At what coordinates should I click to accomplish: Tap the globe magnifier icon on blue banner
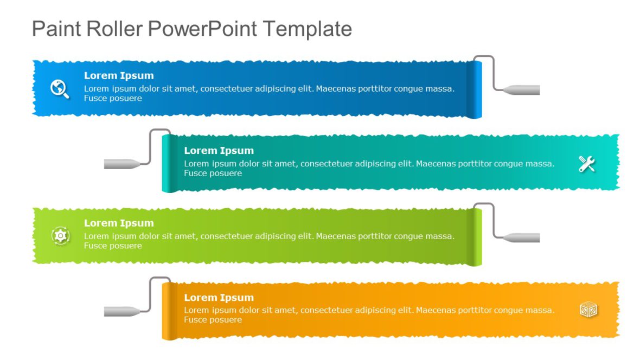click(x=60, y=88)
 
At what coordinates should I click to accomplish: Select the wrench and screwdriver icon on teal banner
click(x=587, y=163)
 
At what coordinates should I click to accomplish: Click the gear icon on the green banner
click(x=60, y=235)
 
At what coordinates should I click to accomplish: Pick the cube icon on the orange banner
click(x=588, y=310)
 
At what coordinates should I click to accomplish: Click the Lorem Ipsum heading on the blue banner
click(x=119, y=76)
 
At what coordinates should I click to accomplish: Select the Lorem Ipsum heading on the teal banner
click(x=219, y=151)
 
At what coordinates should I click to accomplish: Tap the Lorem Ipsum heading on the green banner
click(x=119, y=223)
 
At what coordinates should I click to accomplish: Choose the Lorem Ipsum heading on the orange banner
click(x=219, y=298)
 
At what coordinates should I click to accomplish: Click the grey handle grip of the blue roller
click(x=522, y=89)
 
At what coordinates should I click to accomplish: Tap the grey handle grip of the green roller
click(x=522, y=237)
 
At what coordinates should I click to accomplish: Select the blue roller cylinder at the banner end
click(x=475, y=89)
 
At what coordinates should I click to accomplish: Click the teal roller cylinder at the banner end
click(x=169, y=164)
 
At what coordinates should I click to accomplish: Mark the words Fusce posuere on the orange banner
click(x=213, y=320)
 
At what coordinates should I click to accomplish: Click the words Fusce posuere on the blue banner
click(x=113, y=98)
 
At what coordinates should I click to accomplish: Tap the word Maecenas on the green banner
click(x=336, y=236)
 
